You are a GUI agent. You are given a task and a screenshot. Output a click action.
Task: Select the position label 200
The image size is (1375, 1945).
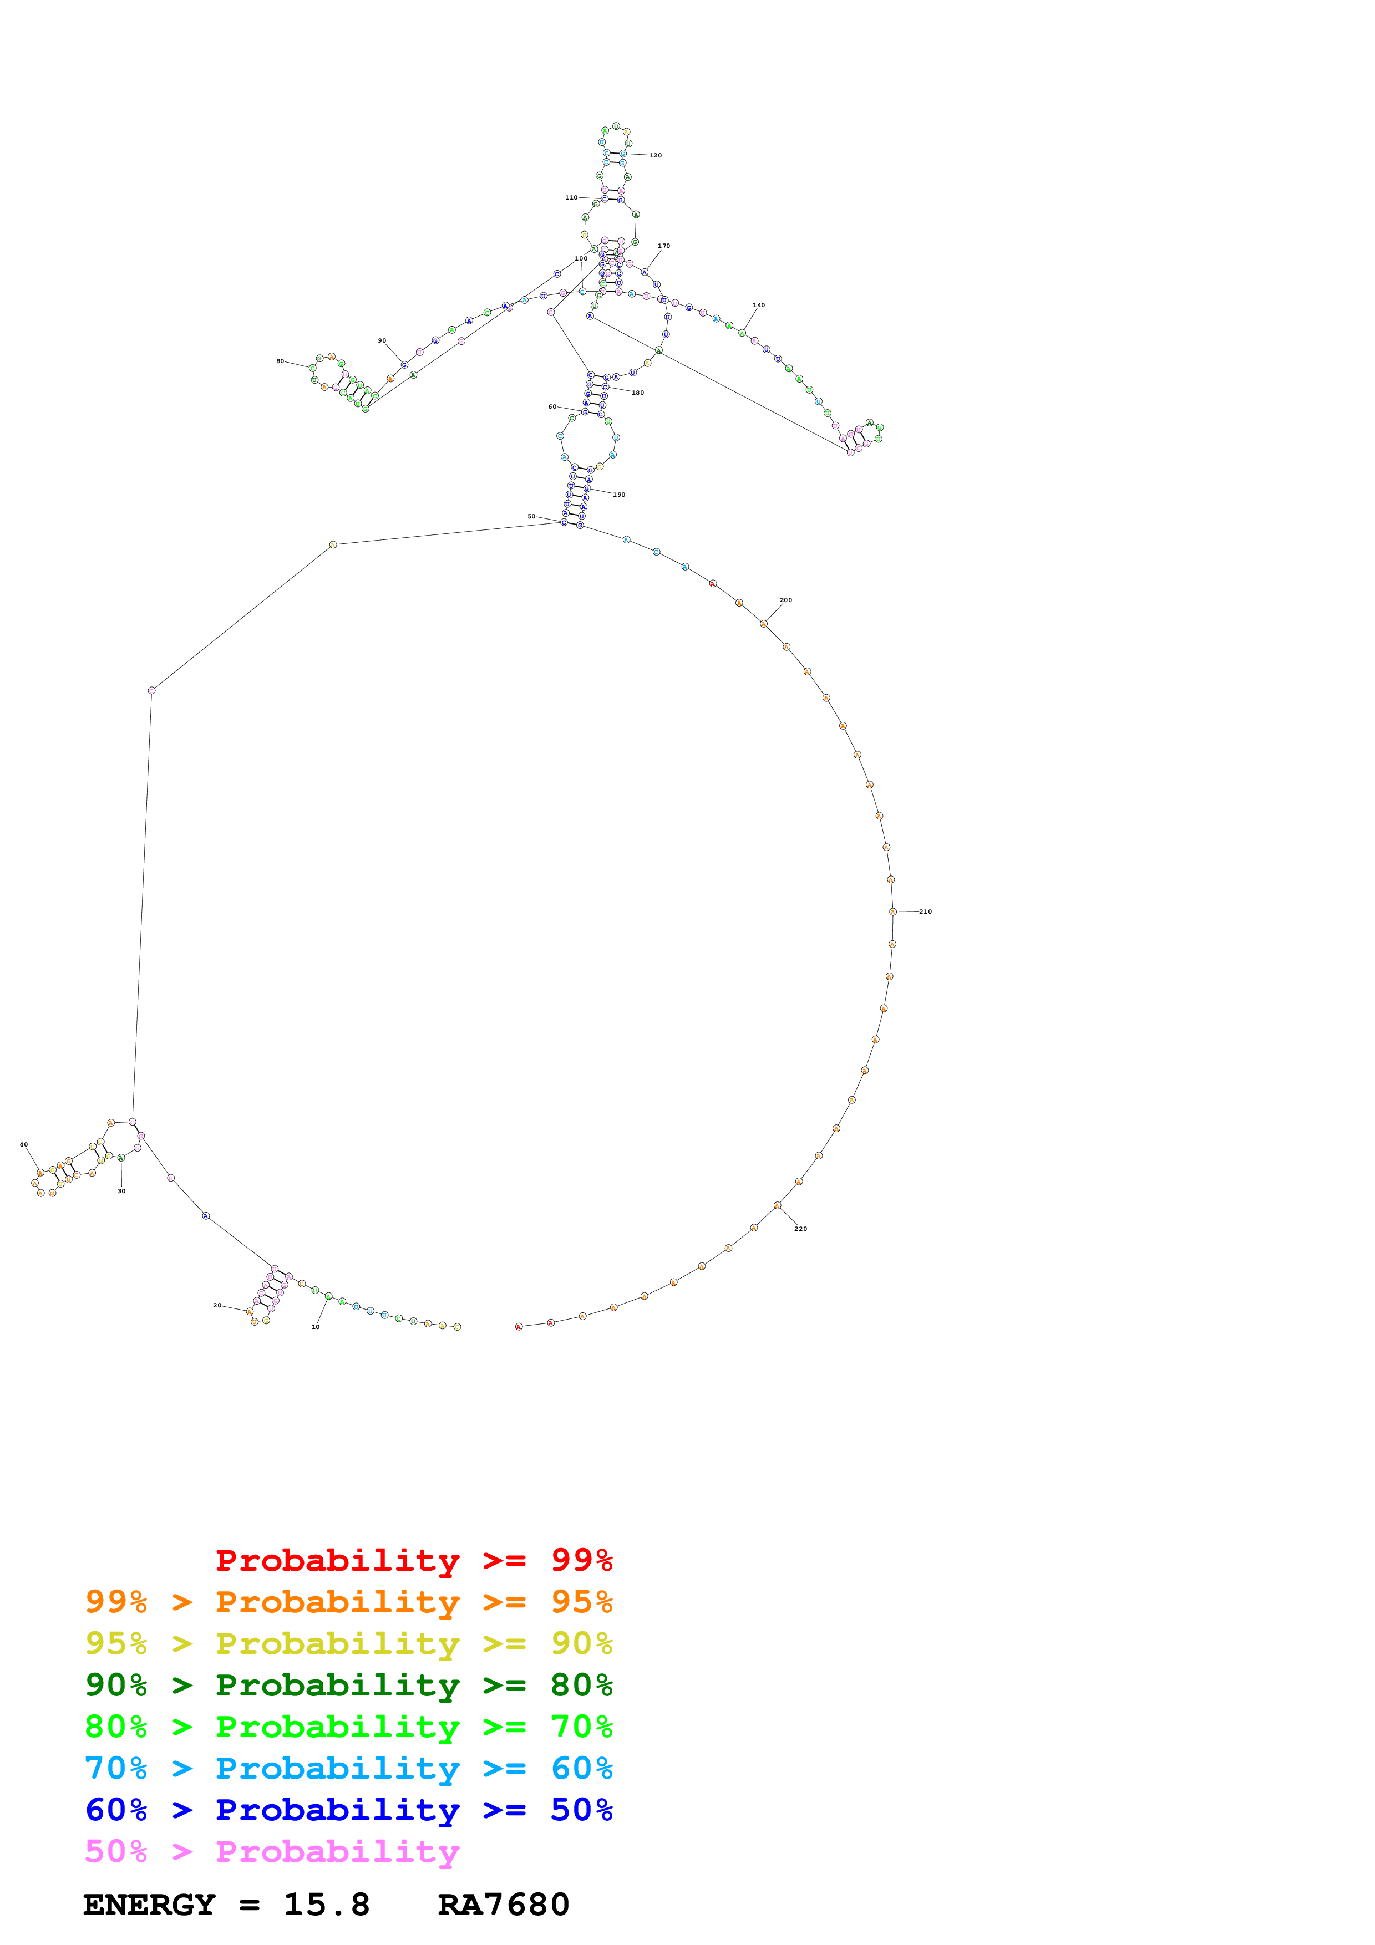tap(786, 600)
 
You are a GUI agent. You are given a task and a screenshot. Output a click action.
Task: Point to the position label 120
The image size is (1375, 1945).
tap(656, 156)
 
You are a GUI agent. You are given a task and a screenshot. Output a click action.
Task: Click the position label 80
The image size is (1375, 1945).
tap(281, 361)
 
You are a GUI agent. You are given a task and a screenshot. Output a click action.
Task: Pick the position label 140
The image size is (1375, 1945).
tap(759, 305)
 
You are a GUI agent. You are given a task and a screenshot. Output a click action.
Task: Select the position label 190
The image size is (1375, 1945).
tap(620, 495)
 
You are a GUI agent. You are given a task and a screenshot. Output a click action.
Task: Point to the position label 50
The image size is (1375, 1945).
tap(531, 517)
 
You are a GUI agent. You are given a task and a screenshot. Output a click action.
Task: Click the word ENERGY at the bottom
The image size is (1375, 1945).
tap(149, 1905)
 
